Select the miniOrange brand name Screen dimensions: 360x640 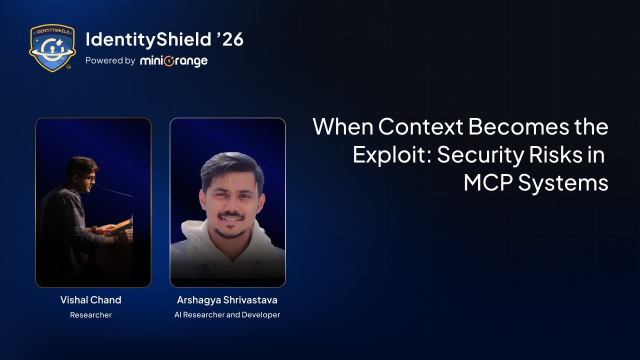tap(173, 61)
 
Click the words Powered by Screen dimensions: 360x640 tap(110, 60)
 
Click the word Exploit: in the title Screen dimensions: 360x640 tap(392, 155)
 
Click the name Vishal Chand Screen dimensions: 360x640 tap(90, 300)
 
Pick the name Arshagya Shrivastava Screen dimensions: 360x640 tap(227, 300)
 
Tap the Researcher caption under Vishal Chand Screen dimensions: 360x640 tap(90, 315)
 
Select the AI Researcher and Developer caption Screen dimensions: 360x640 tap(227, 315)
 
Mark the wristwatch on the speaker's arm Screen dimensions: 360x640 tap(94, 228)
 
